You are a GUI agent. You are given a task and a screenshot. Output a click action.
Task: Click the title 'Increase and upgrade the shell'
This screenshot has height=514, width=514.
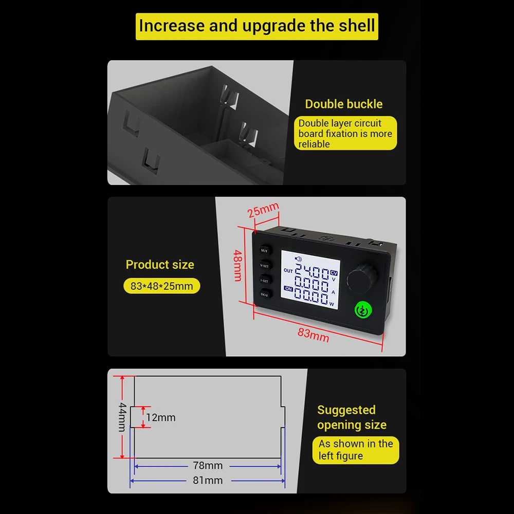click(257, 26)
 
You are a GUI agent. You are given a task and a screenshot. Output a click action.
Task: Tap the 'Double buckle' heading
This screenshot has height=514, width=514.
click(343, 104)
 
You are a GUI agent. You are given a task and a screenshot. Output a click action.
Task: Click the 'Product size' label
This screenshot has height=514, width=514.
click(160, 265)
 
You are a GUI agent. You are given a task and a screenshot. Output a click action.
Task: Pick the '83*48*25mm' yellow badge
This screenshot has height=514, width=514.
click(161, 286)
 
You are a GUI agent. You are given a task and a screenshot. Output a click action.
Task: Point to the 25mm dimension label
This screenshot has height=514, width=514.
click(263, 210)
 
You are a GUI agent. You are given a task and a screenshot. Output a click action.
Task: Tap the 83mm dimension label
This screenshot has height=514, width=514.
click(313, 335)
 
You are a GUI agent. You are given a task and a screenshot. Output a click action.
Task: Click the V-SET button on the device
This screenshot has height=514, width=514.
click(265, 266)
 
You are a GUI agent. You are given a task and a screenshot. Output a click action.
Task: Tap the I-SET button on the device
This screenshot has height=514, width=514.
click(265, 281)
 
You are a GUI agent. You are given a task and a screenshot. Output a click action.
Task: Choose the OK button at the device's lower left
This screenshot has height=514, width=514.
click(264, 295)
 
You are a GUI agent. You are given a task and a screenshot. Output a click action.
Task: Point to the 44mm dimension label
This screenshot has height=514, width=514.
click(122, 417)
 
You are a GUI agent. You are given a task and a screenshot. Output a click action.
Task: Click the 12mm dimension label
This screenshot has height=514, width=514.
click(160, 417)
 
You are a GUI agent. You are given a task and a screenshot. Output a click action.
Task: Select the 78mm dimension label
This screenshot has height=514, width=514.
click(208, 466)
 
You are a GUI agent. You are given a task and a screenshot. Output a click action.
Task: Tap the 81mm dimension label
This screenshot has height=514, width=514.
click(208, 481)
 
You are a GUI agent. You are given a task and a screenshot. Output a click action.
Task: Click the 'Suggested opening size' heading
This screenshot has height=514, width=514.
click(352, 417)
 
